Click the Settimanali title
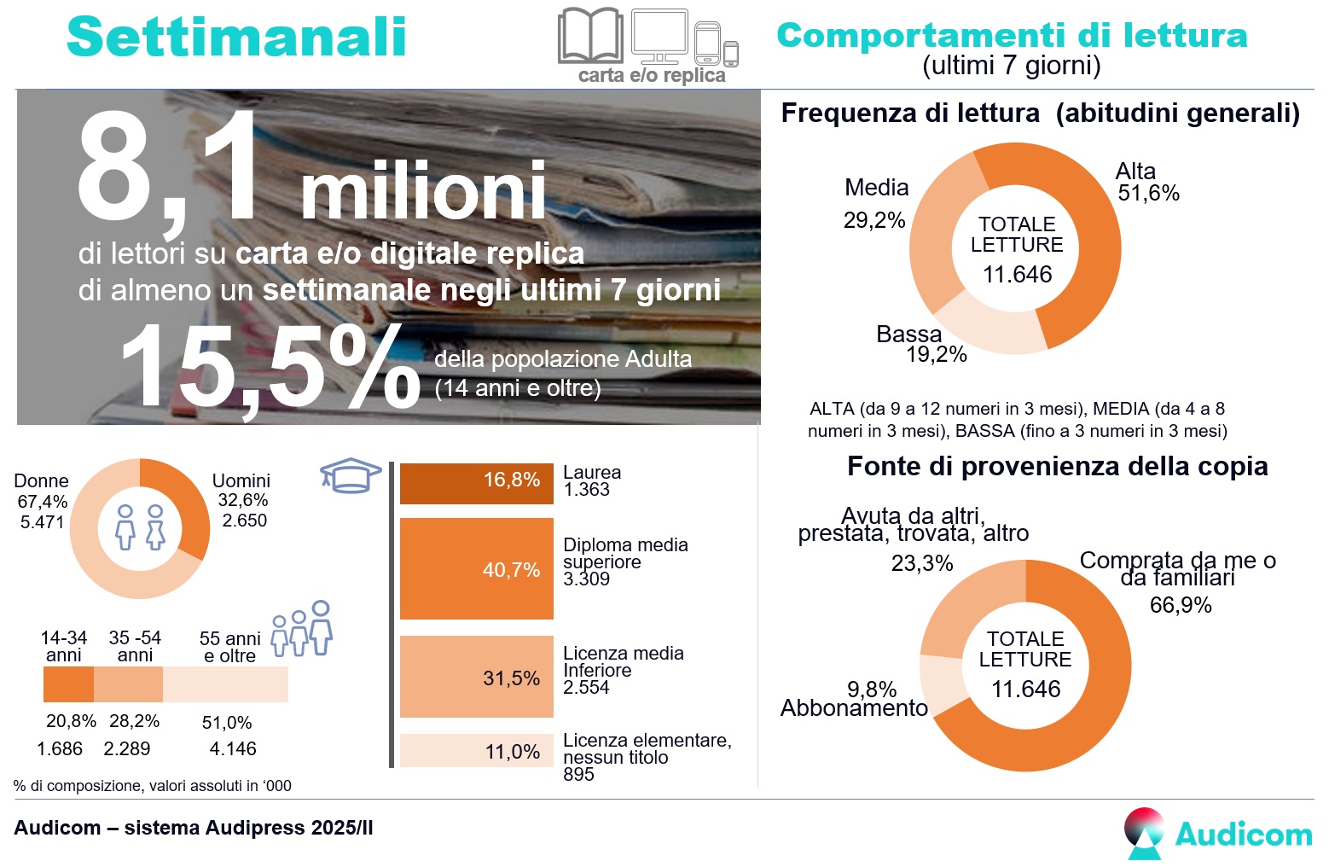click(x=236, y=38)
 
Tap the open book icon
click(x=590, y=36)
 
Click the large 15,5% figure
click(x=269, y=367)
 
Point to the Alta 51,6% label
click(x=1146, y=183)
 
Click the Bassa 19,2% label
click(x=921, y=345)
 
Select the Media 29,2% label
click(x=875, y=203)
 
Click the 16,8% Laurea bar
click(x=476, y=483)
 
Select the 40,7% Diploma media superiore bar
click(x=476, y=568)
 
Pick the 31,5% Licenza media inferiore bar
click(x=476, y=677)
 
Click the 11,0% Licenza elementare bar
click(x=476, y=751)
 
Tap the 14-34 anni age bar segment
click(x=68, y=684)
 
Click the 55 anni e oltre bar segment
click(x=225, y=684)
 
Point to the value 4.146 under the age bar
click(x=232, y=749)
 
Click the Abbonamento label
click(x=854, y=708)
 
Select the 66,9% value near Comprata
click(x=1181, y=605)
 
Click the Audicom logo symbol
click(x=1144, y=832)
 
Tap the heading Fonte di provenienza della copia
click(x=1057, y=467)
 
